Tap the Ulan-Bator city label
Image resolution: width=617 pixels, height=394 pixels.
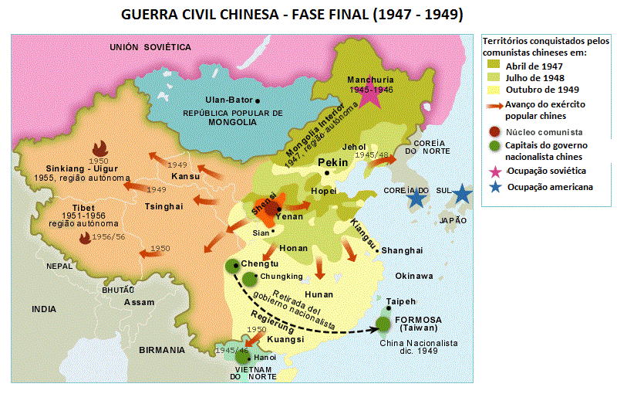coord(229,100)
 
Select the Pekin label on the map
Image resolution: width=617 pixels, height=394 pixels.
coord(332,162)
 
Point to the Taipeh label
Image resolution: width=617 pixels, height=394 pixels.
coord(400,301)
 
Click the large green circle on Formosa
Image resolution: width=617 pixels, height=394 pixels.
coord(383,326)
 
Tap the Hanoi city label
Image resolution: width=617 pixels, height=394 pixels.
coord(265,358)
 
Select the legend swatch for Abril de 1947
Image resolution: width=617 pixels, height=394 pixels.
coord(494,66)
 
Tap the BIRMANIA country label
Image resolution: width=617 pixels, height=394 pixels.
coord(162,350)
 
